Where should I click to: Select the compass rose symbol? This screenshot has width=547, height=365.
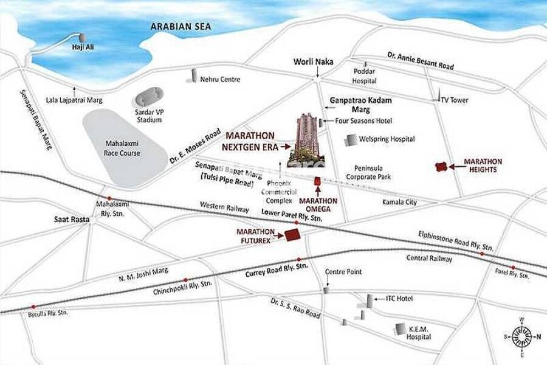[x=520, y=335]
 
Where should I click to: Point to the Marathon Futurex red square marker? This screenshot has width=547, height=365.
[x=293, y=235]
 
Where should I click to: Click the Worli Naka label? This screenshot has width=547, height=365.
[x=314, y=61]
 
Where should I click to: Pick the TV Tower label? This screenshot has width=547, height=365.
[x=454, y=100]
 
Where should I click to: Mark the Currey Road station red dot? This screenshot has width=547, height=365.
[x=298, y=259]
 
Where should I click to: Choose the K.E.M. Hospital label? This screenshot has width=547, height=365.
[x=419, y=333]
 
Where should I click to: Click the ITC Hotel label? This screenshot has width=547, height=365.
[x=399, y=299]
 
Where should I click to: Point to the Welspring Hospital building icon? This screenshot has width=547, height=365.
[x=351, y=139]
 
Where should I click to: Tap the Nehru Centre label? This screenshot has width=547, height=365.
[x=221, y=80]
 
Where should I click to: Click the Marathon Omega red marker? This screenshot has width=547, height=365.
[x=317, y=181]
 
